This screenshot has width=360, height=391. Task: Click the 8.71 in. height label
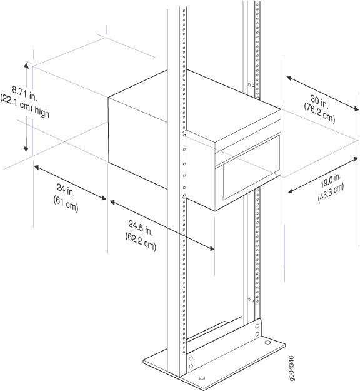tap(24, 93)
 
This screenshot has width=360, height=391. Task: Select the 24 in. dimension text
tap(66, 190)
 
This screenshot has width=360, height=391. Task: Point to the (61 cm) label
tap(66, 204)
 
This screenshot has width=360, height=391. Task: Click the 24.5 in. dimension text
tap(141, 228)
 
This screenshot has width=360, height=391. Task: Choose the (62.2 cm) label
tap(141, 241)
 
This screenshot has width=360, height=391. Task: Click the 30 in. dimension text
tap(319, 102)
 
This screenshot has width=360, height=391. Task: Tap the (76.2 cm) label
tap(319, 113)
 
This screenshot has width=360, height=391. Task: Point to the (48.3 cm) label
tap(331, 193)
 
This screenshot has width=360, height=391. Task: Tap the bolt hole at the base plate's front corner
tap(202, 378)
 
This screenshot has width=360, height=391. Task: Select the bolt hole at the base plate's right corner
tap(267, 342)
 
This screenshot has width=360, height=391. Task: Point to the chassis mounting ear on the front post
tap(184, 165)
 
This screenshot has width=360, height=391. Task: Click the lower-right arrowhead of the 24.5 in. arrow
tap(212, 248)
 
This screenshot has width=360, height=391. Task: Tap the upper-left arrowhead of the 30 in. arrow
tap(289, 78)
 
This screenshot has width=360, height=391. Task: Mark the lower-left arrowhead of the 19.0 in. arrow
tap(291, 191)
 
